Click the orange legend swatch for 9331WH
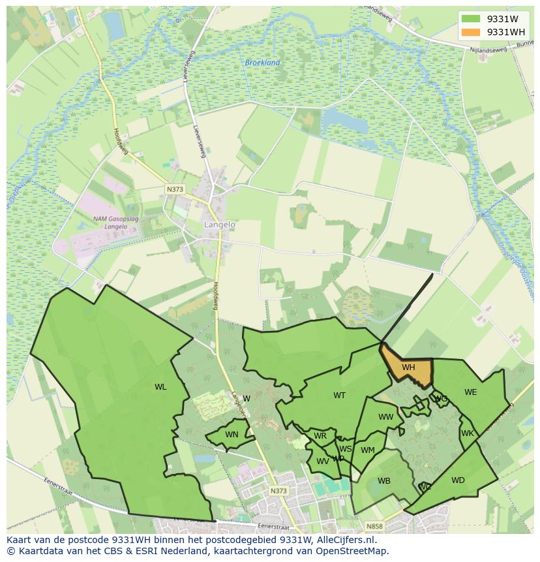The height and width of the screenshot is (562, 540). tap(470, 32)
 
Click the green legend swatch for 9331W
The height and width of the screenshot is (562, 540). tap(470, 19)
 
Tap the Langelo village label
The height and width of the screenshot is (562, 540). tap(220, 224)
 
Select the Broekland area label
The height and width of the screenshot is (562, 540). tap(262, 63)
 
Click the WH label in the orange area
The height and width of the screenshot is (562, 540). tap(408, 367)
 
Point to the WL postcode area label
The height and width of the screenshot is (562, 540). tap(160, 387)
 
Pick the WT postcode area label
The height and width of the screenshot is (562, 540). tap(339, 396)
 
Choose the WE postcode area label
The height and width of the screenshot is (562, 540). tap(470, 392)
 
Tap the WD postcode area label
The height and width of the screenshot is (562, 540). tap(458, 480)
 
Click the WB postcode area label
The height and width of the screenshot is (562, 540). tap(384, 481)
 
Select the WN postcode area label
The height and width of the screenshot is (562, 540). tap(232, 435)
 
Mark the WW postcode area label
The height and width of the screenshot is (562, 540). tap(386, 417)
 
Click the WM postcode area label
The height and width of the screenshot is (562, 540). tap(368, 450)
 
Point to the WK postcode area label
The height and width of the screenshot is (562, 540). tap(467, 433)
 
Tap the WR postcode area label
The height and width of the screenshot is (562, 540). tap(320, 436)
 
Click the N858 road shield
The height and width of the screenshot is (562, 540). tap(374, 526)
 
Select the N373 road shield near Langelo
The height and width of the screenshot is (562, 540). tap(175, 189)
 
